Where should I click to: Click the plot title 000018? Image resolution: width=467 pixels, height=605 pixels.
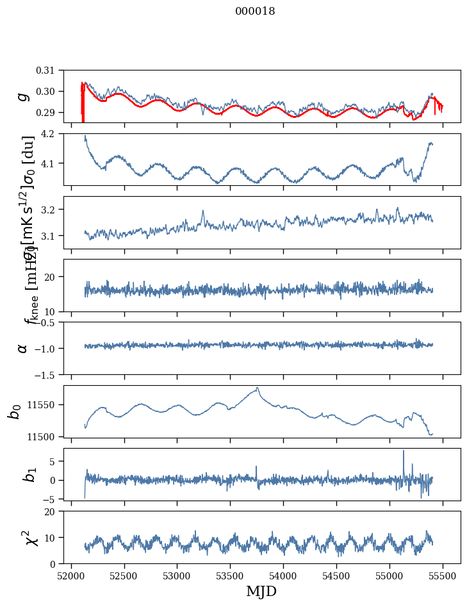pyautogui.click(x=254, y=12)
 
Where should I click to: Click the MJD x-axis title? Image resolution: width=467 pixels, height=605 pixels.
pyautogui.click(x=261, y=592)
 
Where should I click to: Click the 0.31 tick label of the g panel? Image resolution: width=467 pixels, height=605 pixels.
pyautogui.click(x=51, y=70)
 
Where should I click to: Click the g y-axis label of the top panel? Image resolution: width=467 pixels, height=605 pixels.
pyautogui.click(x=24, y=96)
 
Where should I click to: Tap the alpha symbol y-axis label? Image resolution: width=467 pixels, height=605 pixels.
pyautogui.click(x=24, y=348)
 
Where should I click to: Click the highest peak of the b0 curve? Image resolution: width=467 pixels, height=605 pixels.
pyautogui.click(x=258, y=388)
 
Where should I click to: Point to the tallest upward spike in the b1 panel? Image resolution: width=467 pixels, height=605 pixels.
pyautogui.click(x=404, y=451)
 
